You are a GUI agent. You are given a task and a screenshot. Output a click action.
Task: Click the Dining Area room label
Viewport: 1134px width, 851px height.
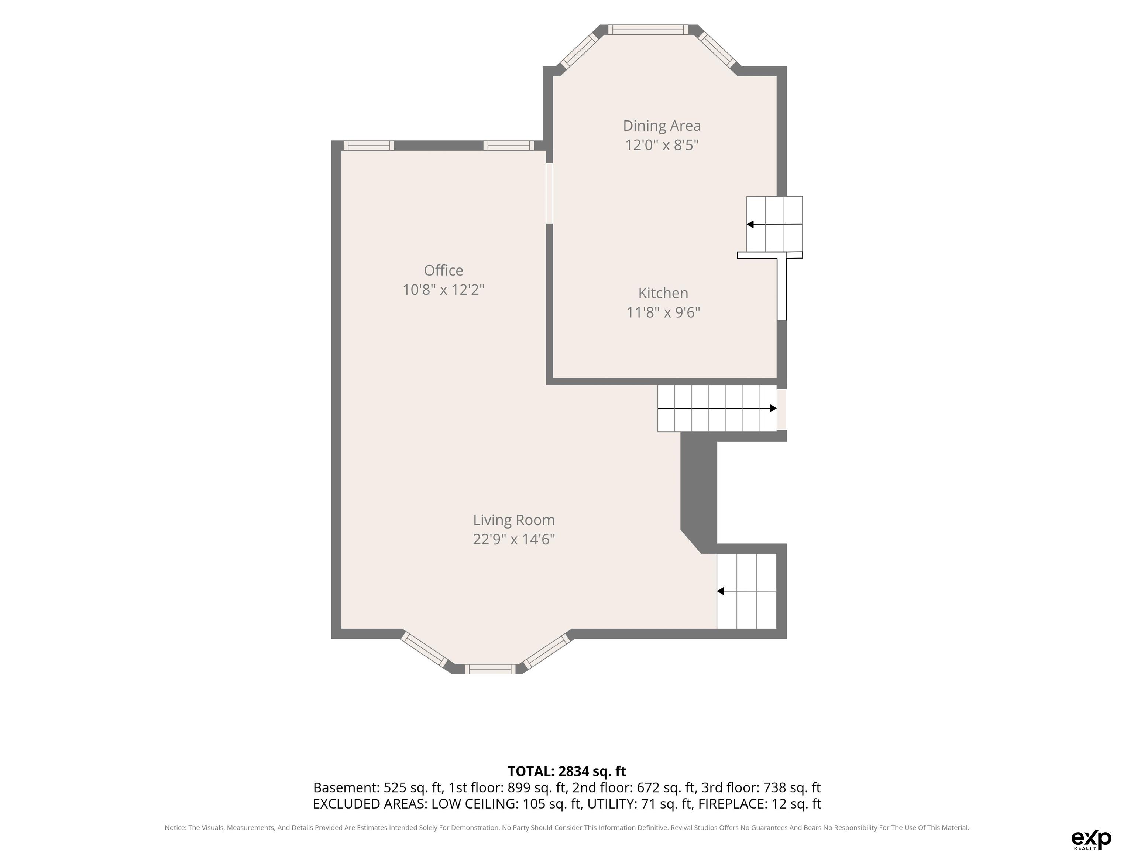(662, 126)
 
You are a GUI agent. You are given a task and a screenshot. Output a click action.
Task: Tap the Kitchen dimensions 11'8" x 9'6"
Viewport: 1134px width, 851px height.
(663, 312)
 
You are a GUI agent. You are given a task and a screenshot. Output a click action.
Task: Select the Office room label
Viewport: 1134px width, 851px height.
(443, 270)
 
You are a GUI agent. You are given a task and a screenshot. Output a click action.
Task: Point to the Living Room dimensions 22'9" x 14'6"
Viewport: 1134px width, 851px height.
(514, 539)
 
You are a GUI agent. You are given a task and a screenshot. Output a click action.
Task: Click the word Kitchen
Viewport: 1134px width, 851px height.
(663, 293)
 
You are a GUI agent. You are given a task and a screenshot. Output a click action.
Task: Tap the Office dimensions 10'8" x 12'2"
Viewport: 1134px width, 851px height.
(443, 290)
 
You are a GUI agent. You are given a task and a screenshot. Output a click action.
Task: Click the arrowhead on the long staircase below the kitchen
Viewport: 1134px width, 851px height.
(773, 408)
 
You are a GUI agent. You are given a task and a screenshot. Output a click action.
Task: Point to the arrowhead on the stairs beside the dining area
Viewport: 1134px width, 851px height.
(750, 224)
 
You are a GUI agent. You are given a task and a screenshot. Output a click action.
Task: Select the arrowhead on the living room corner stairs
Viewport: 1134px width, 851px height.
(720, 591)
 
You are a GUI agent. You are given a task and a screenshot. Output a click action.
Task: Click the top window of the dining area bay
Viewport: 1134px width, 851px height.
(649, 30)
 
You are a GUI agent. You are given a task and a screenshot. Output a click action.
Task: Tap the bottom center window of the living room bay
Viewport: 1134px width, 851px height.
(491, 669)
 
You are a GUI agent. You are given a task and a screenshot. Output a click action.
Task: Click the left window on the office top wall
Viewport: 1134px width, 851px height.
(369, 146)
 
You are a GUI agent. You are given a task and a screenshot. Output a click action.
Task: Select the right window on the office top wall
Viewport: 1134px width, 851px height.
(509, 146)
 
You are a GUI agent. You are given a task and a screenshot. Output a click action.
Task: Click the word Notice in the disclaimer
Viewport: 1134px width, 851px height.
(175, 827)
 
